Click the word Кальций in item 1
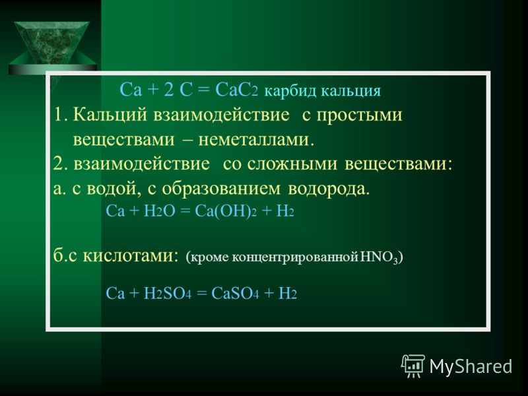110,115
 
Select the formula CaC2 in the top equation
236,90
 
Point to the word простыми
359,116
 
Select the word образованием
221,189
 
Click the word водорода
329,189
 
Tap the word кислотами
130,257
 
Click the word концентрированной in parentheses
295,257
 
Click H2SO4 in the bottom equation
168,294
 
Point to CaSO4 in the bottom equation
235,294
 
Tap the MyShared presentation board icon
412,366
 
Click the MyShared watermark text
471,366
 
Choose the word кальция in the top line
350,92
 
